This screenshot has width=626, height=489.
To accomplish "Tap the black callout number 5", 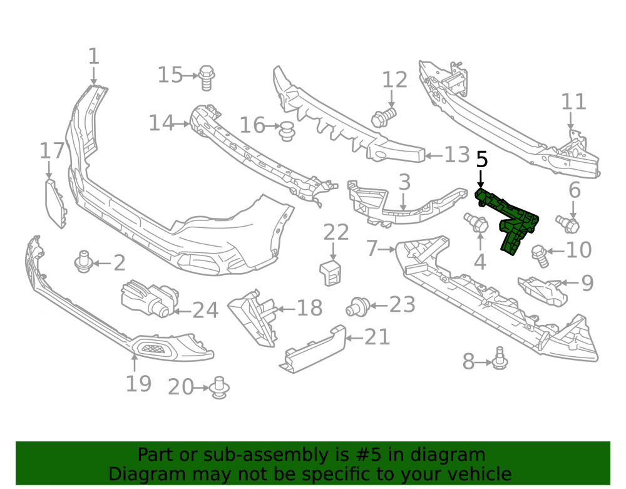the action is coord(482,159).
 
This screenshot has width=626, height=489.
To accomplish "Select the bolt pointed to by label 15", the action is coord(207,78).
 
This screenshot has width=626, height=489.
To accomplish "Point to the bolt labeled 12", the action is coord(383,117).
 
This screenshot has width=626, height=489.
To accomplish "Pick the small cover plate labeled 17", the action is coord(56,203).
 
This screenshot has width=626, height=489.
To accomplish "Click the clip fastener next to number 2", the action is coord(83,262).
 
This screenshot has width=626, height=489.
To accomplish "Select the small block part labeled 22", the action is coord(331,272).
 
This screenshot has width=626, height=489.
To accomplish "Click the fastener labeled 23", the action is coord(358,307).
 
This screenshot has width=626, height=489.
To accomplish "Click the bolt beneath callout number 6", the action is coord(568,224).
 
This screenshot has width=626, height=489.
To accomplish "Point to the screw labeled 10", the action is coord(540,255).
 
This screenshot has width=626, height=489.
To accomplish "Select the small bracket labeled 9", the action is coord(543,291).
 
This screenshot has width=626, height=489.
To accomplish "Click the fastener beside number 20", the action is coord(219,387).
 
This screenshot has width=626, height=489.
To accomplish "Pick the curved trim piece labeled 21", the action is coord(312,349).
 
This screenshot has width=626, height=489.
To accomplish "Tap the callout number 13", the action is coord(457,155).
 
